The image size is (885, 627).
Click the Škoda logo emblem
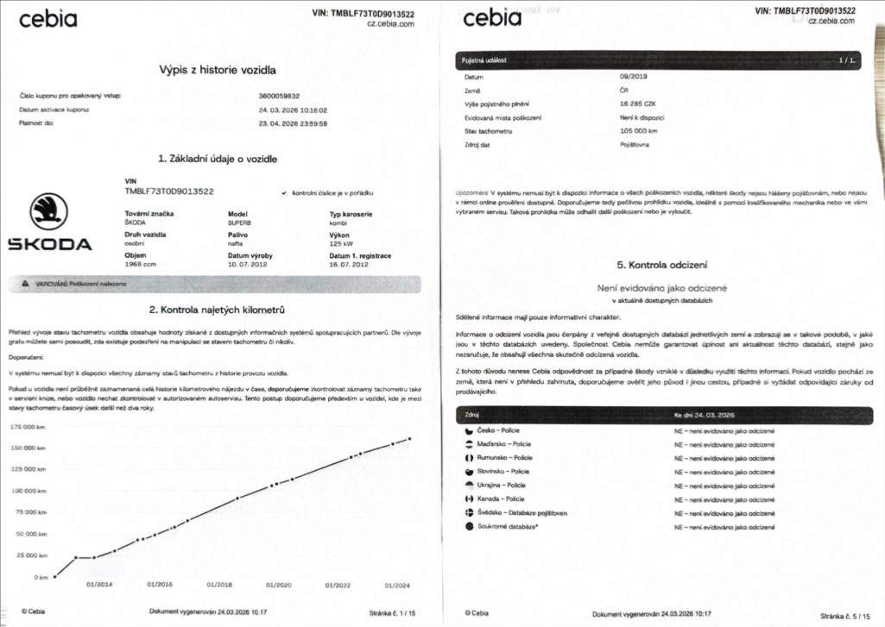pyautogui.click(x=49, y=211)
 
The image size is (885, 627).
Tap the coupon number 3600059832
pyautogui.click(x=279, y=96)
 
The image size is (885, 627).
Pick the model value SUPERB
pyautogui.click(x=241, y=223)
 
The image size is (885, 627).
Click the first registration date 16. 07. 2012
pyautogui.click(x=350, y=264)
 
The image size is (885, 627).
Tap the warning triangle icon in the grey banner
pyautogui.click(x=28, y=284)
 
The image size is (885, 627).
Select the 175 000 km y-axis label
pyautogui.click(x=28, y=427)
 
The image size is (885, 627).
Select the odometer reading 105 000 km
pyautogui.click(x=640, y=130)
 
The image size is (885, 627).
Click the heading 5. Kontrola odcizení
pyautogui.click(x=662, y=265)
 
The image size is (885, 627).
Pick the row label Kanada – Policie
pyautogui.click(x=500, y=498)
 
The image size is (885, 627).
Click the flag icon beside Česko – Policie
pyautogui.click(x=469, y=429)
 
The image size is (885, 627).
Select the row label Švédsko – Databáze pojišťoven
pyautogui.click(x=522, y=512)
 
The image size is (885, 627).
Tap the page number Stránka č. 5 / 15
pyautogui.click(x=847, y=616)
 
